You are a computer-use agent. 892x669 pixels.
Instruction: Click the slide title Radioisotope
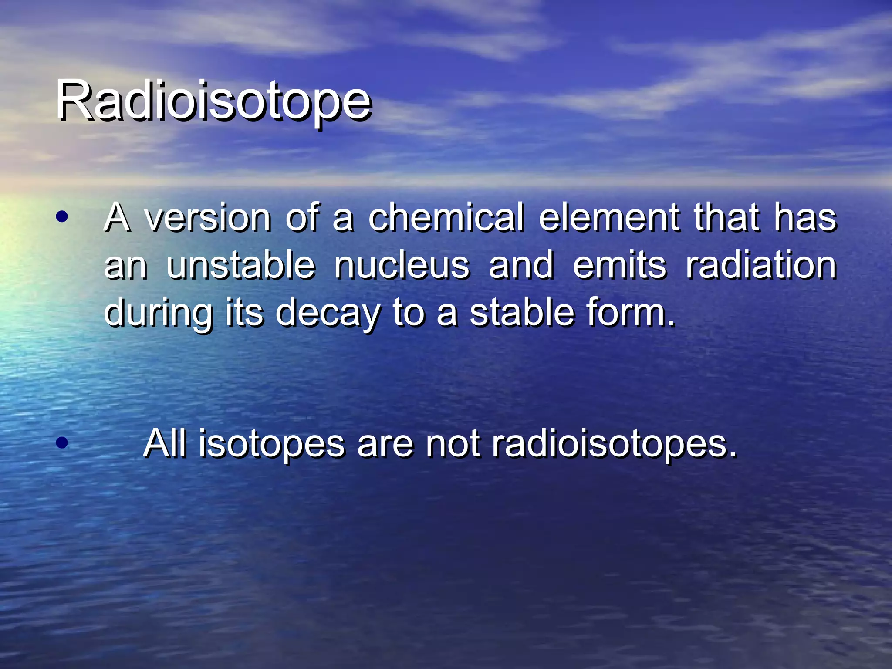pos(213,101)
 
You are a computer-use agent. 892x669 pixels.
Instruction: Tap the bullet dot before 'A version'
pos(62,216)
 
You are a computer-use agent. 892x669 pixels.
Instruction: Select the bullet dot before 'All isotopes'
pos(62,443)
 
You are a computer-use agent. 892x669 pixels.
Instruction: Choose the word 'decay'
pos(328,314)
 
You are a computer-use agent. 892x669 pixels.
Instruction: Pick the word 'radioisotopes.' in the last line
pos(615,444)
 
